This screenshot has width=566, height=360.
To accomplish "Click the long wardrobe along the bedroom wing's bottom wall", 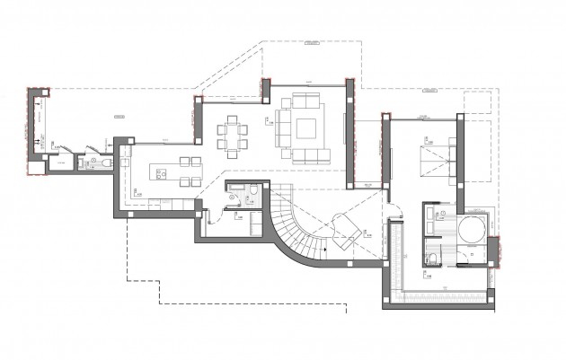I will click(445, 289).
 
